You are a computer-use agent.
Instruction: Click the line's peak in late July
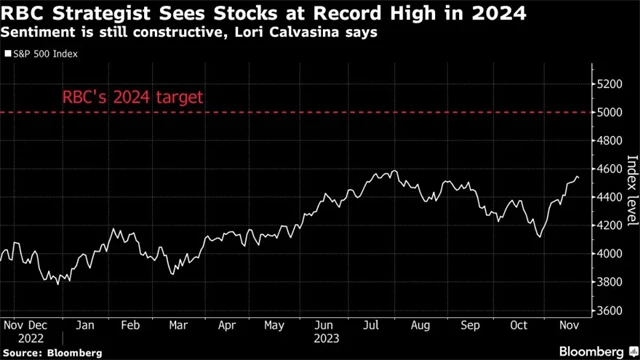tap(393, 171)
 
